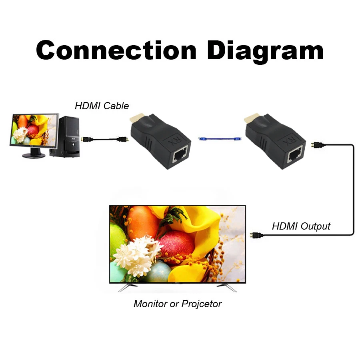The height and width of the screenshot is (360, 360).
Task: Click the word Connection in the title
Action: [116, 51]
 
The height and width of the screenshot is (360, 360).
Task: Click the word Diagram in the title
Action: [265, 51]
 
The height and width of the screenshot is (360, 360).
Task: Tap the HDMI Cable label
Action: [102, 106]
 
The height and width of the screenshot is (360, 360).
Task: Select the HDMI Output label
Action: [301, 226]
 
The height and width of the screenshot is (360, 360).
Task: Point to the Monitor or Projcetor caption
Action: [177, 304]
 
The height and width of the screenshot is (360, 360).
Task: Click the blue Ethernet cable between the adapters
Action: [220, 139]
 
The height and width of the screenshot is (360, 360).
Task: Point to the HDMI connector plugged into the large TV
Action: [254, 236]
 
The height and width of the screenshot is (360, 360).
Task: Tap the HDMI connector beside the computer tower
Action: [86, 140]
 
